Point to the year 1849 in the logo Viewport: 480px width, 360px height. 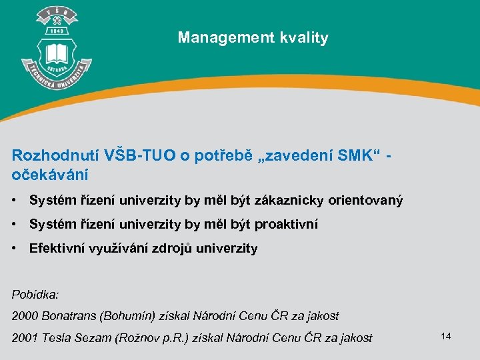pyautogui.click(x=57, y=31)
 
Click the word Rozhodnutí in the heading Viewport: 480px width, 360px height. pyautogui.click(x=56, y=155)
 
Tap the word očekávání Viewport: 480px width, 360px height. pyautogui.click(x=50, y=175)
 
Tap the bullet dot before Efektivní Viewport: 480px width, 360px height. pyautogui.click(x=15, y=249)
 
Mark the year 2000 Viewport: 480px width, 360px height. pyautogui.click(x=25, y=315)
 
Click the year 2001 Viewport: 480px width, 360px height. pyautogui.click(x=25, y=337)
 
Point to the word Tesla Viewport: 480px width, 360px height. pyautogui.click(x=57, y=337)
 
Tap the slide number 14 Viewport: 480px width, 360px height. pyautogui.click(x=446, y=336)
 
